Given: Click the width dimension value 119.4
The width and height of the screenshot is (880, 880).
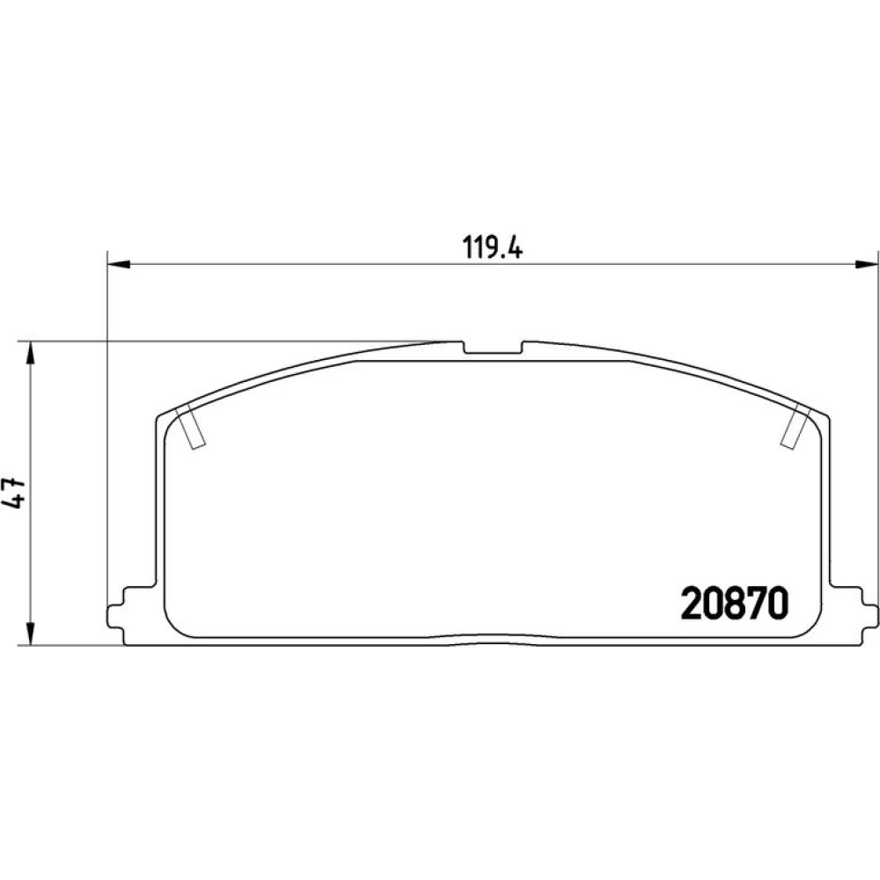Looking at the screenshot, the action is (492, 247).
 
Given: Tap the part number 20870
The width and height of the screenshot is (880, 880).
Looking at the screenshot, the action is (735, 604).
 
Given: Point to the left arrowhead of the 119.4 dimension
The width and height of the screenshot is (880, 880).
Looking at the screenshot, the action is (119, 263).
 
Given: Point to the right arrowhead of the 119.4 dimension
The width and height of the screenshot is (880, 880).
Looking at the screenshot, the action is (867, 263).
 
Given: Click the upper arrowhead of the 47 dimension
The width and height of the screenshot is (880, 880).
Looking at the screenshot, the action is (31, 353).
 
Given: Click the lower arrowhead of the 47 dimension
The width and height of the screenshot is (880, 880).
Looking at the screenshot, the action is (31, 634).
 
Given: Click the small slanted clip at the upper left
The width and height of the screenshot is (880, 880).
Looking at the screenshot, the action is (191, 428).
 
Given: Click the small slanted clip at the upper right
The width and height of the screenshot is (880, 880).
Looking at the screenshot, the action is (796, 427).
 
